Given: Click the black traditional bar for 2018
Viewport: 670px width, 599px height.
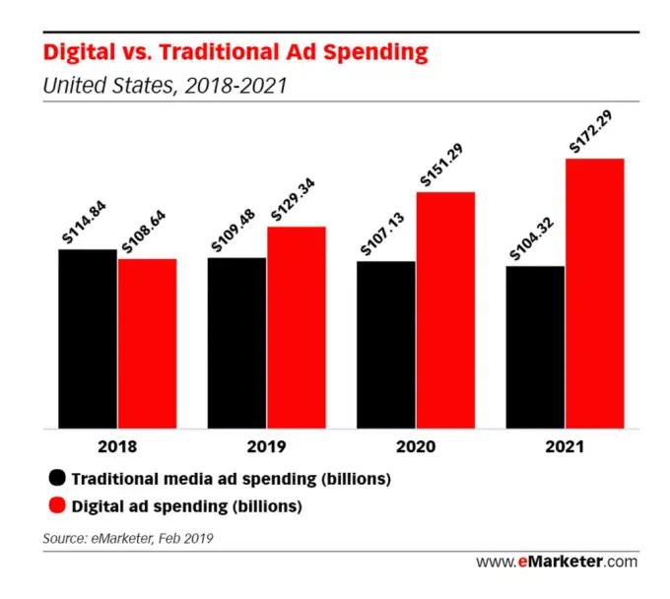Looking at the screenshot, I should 88,339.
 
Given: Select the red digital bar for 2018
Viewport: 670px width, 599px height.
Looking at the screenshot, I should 148,344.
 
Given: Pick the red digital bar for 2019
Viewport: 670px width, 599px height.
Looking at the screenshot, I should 297,328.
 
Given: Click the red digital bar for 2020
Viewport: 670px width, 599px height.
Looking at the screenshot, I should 446,310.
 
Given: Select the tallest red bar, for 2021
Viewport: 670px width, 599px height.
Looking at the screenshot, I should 595,294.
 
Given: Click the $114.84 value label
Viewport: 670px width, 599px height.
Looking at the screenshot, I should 84,222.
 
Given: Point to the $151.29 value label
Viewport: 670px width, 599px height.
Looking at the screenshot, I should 440,165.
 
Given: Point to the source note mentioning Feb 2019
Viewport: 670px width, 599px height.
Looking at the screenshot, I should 128,538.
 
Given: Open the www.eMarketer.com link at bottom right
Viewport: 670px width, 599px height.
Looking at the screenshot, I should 557,562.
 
